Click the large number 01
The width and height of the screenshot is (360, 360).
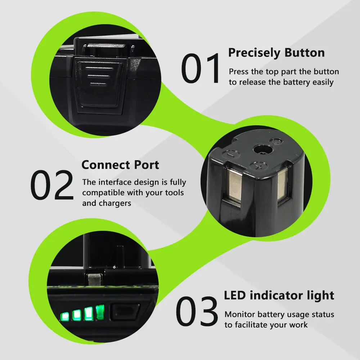(201, 68)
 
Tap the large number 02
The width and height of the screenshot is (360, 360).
(52, 185)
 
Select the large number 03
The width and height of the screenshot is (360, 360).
(197, 311)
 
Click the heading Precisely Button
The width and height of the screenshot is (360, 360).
(276, 53)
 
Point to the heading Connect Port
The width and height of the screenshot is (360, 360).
(120, 165)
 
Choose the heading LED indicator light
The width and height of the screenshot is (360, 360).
(279, 296)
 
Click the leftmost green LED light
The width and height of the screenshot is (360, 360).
(65, 316)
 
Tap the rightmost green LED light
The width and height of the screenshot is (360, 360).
(100, 312)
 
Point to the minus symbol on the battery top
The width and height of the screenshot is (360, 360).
(231, 154)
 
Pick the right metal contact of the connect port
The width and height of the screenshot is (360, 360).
(283, 184)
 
